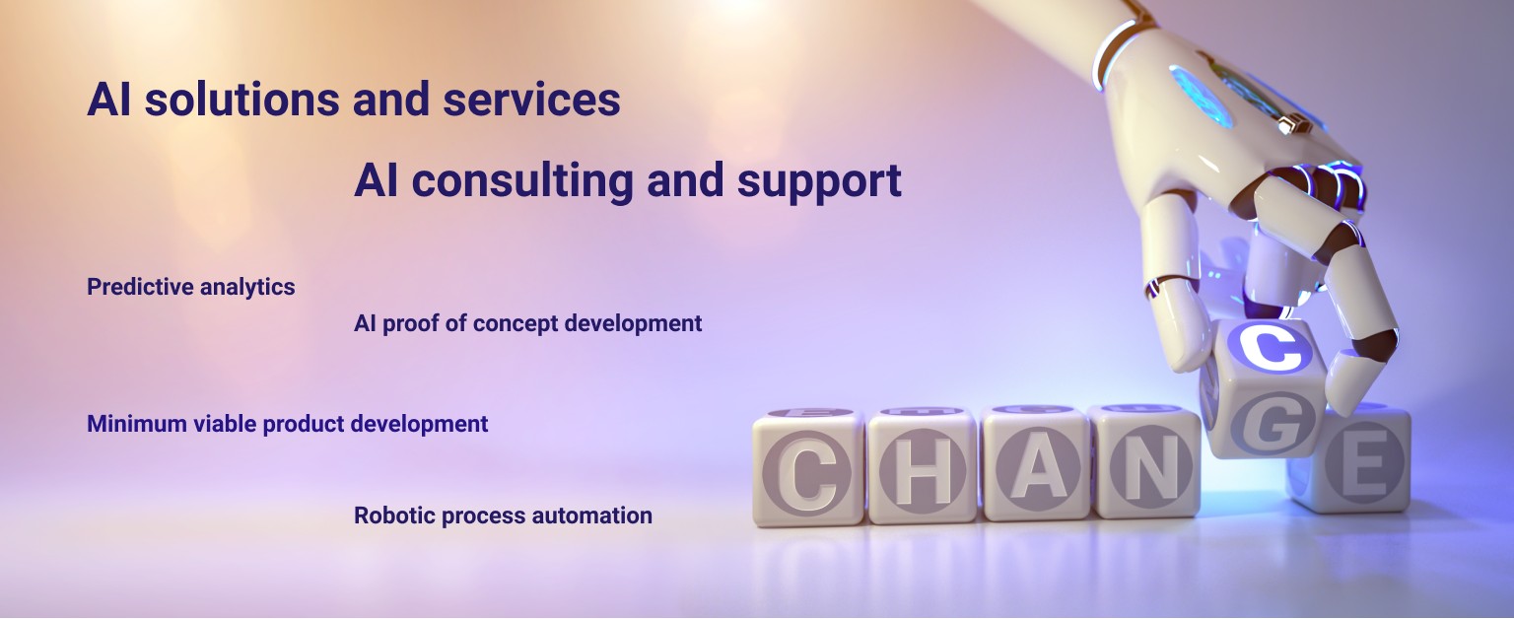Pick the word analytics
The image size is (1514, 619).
tap(247, 288)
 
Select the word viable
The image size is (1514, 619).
tap(222, 424)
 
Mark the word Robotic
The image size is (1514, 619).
tap(391, 516)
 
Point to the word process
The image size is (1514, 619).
tap(480, 516)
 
